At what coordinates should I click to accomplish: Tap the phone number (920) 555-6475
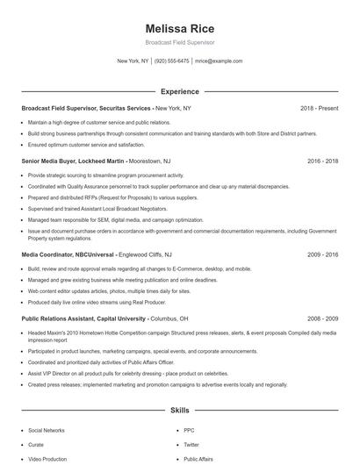point(171,61)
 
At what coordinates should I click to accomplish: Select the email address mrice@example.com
point(219,61)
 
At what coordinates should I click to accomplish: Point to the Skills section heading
point(179,411)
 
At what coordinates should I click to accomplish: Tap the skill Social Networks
point(47,431)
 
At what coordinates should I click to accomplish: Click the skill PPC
point(189,431)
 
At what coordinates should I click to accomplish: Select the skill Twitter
point(191,445)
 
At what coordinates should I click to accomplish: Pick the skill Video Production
point(47,459)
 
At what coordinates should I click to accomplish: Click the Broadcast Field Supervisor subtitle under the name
point(179,42)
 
